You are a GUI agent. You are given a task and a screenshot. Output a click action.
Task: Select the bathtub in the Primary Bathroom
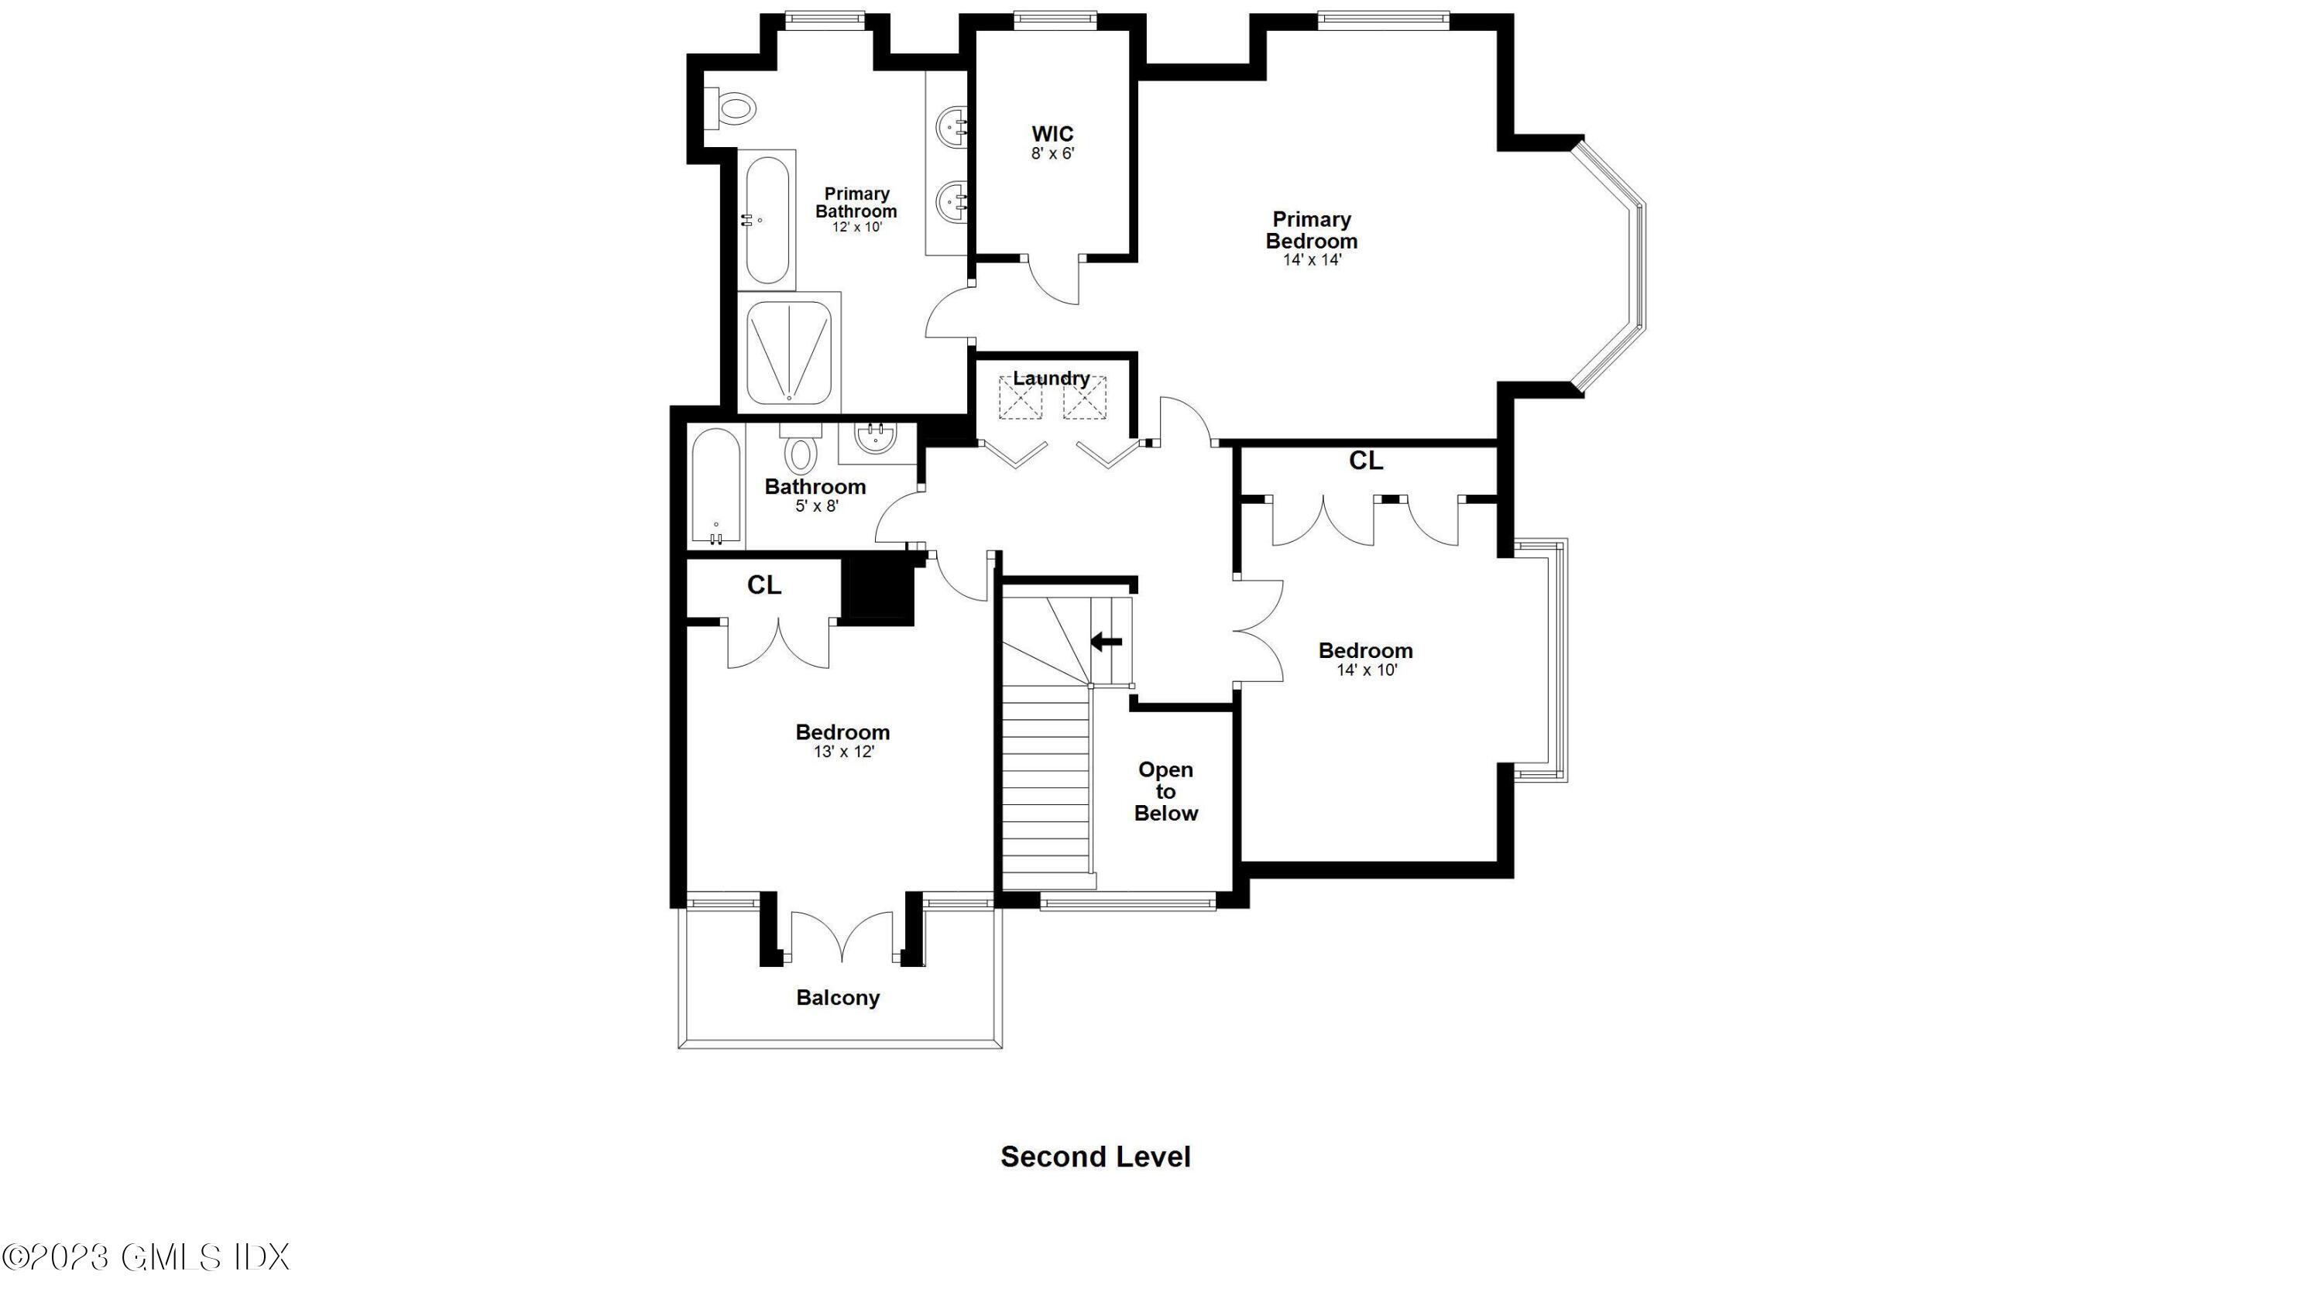tap(767, 220)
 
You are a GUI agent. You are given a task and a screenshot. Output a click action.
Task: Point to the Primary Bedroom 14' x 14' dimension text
tap(1312, 260)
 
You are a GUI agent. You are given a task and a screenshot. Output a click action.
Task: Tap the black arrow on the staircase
tap(1107, 642)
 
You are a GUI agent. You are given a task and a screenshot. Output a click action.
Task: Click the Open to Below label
tap(1165, 791)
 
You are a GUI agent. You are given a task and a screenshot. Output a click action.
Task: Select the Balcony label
tap(838, 998)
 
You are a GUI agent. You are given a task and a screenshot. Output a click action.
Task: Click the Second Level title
tap(1096, 1157)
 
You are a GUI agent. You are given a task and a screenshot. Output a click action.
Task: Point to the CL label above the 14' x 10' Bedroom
tap(1365, 461)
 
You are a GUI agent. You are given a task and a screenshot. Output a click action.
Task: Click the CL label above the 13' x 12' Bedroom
tap(763, 586)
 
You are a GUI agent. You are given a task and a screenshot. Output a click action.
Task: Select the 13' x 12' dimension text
tap(843, 752)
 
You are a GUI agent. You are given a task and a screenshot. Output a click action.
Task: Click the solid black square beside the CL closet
tap(877, 589)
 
